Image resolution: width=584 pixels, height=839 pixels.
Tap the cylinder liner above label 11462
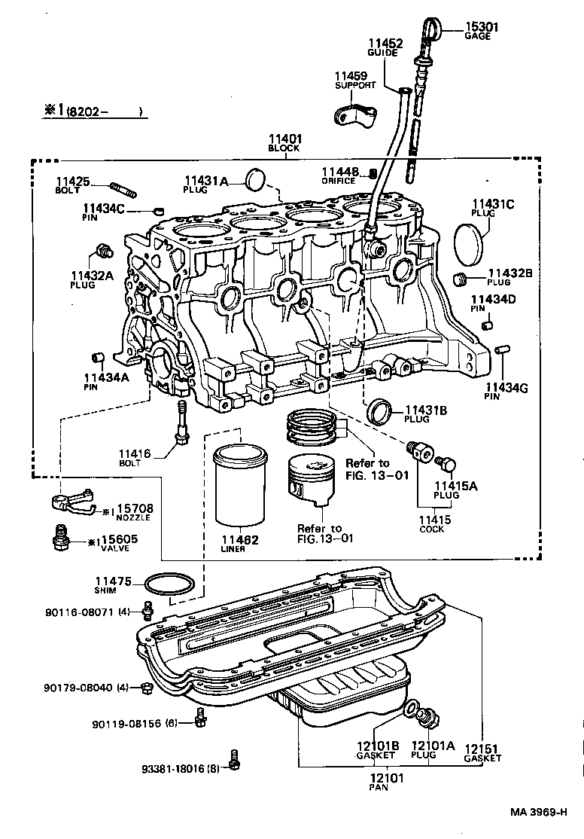coord(240,487)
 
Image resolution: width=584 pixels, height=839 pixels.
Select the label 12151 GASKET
coord(482,753)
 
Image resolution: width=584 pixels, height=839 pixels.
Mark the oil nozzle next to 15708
coord(69,502)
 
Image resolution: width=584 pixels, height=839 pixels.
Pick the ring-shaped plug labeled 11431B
coord(379,411)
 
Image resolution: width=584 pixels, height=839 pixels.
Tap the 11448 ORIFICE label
coord(340,175)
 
